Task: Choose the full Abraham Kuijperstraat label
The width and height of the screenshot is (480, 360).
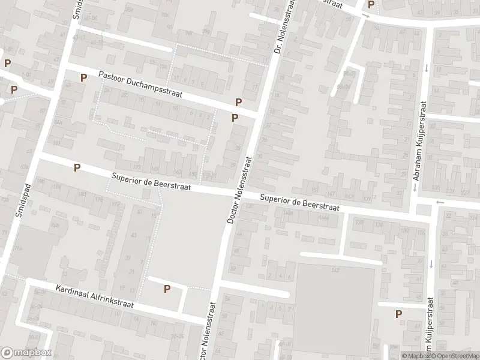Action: (418, 149)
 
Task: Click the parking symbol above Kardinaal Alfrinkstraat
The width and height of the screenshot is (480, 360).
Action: (167, 289)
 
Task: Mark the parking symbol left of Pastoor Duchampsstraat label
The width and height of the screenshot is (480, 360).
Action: (83, 77)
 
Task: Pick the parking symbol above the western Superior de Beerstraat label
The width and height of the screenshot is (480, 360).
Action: (77, 168)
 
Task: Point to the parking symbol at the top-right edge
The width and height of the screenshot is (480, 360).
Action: (371, 5)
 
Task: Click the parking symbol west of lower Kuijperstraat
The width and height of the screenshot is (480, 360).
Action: (398, 314)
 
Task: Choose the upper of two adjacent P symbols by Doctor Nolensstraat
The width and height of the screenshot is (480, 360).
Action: (238, 103)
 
